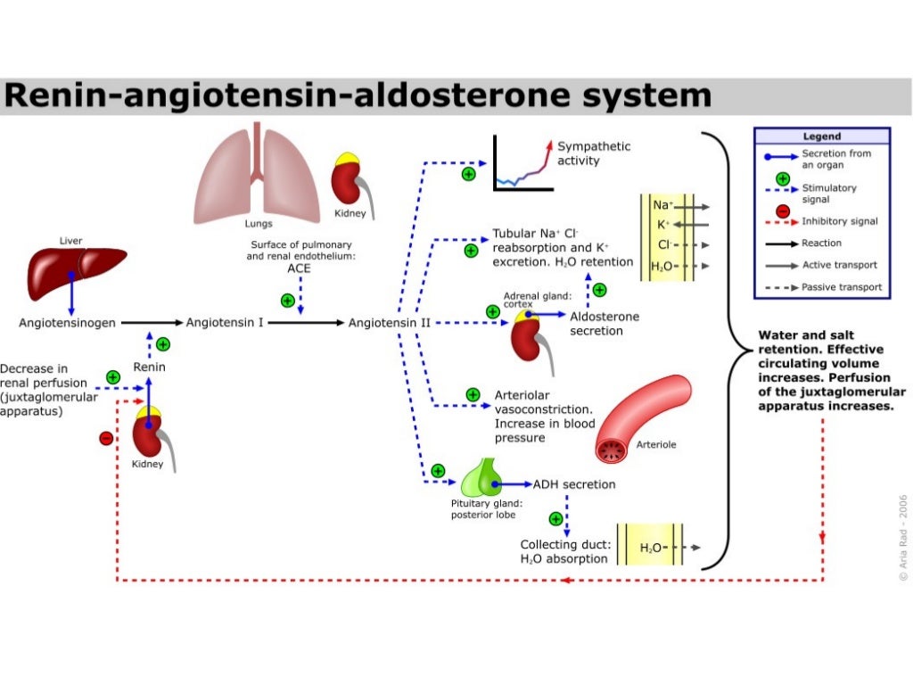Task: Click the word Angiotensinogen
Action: click(67, 322)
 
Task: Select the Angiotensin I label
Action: click(224, 322)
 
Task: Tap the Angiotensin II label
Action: click(390, 322)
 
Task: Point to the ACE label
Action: click(299, 267)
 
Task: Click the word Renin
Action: click(149, 367)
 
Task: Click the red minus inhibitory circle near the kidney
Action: click(106, 438)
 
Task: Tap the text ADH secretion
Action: click(574, 484)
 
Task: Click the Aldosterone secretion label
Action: click(604, 323)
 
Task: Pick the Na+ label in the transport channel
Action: click(662, 205)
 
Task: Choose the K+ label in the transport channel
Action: click(663, 225)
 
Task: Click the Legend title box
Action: click(821, 136)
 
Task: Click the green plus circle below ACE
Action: click(287, 301)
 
